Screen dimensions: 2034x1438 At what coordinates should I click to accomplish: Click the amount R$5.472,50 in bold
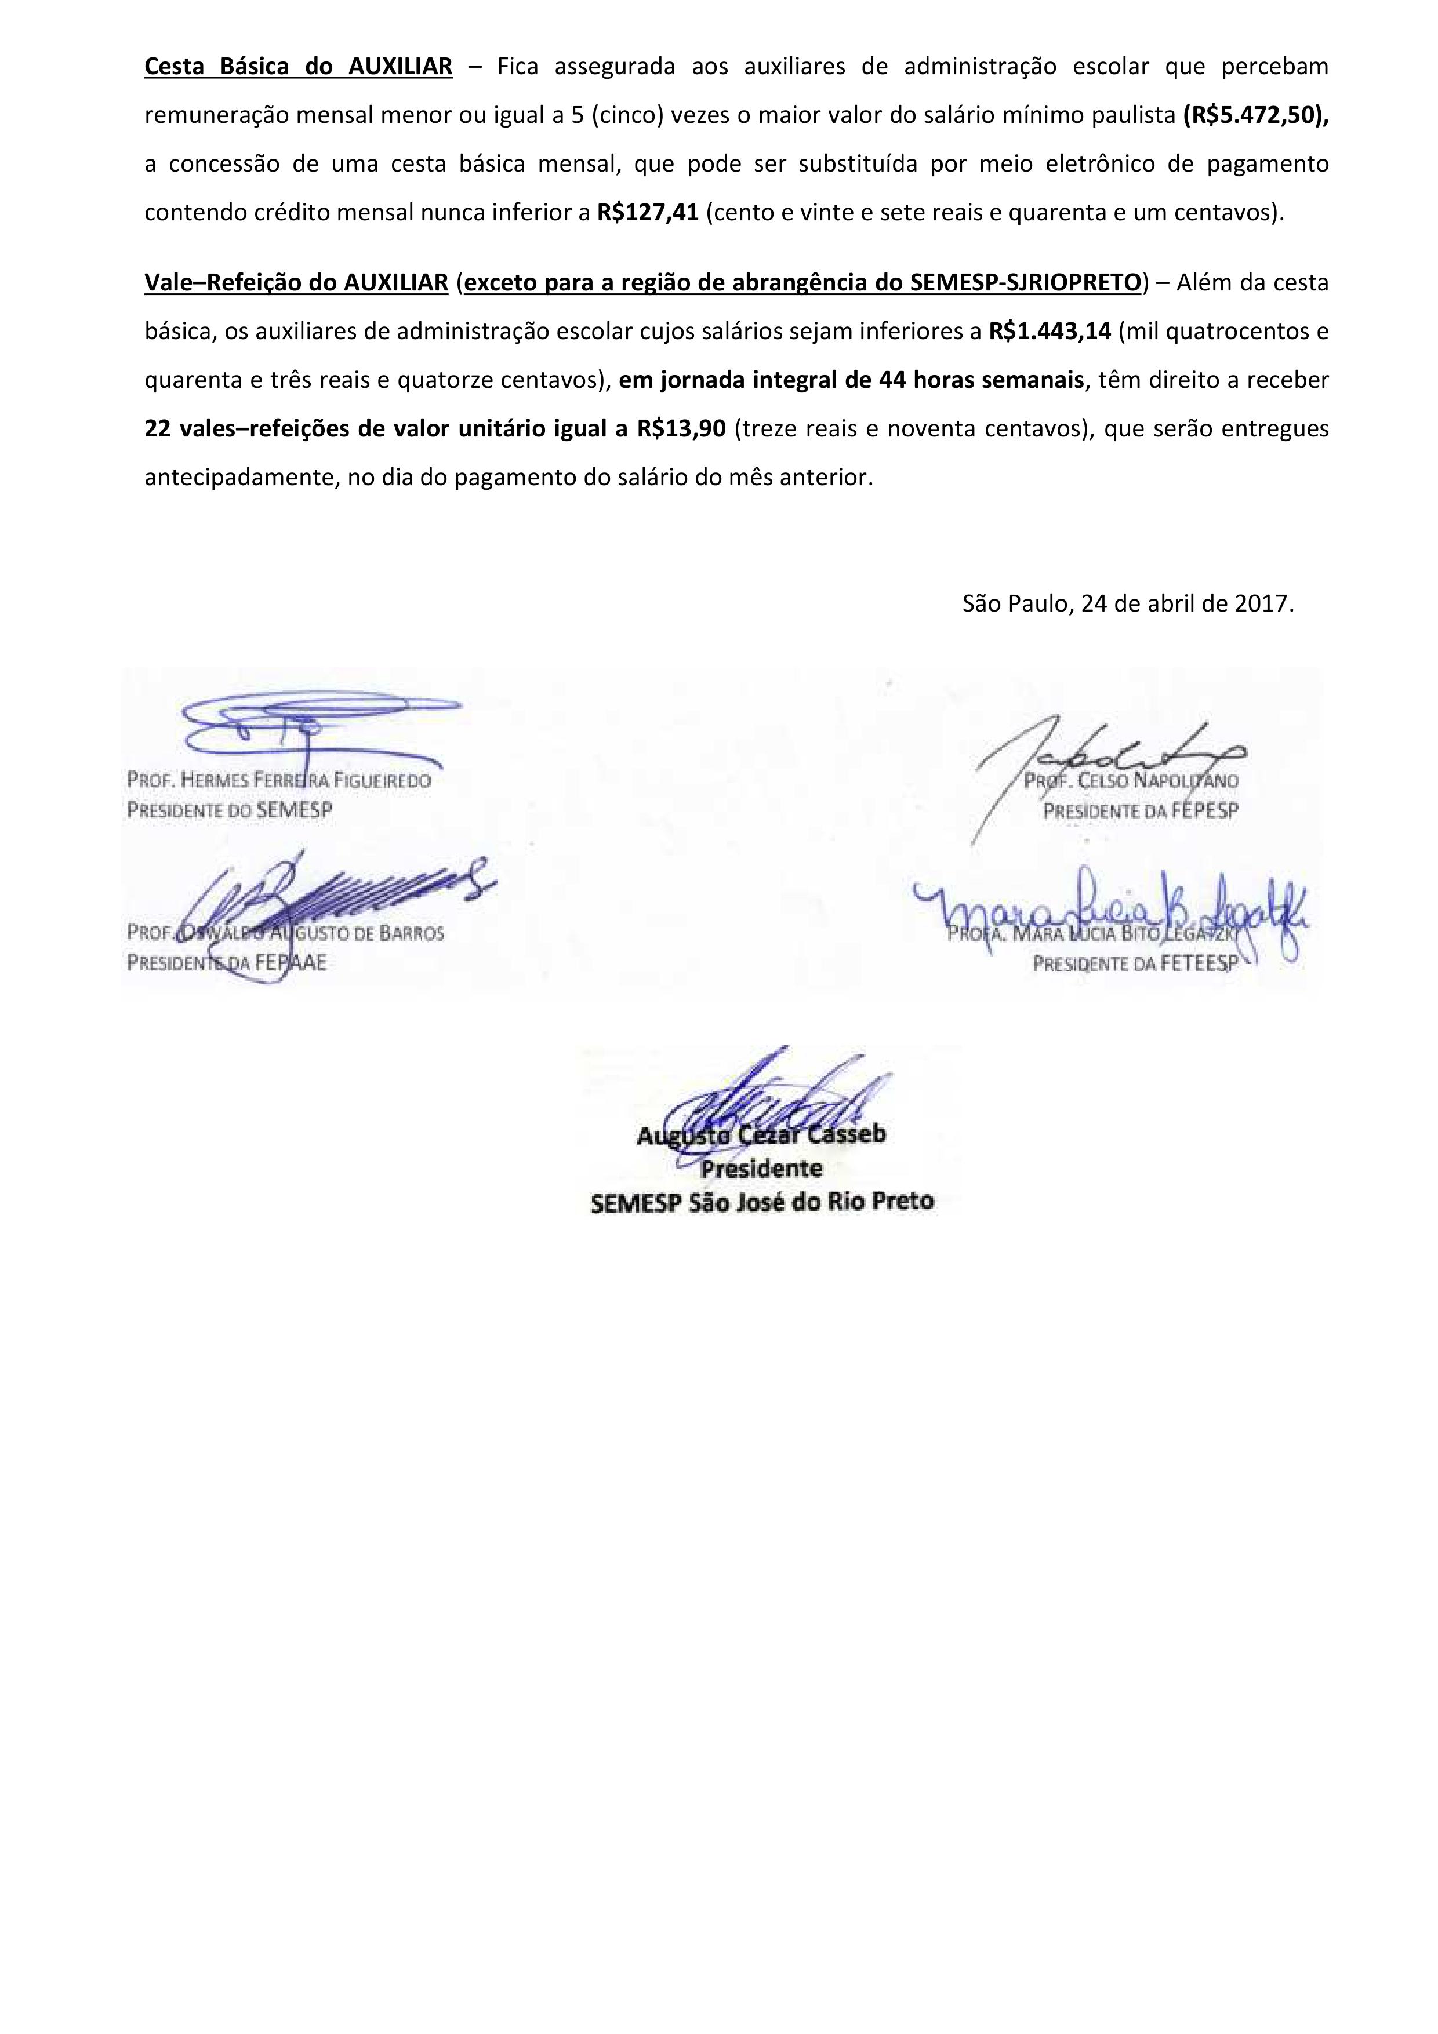coord(1255,115)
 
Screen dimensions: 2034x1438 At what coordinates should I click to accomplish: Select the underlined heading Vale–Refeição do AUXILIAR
coord(296,283)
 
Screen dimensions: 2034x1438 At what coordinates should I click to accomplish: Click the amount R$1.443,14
coord(1049,332)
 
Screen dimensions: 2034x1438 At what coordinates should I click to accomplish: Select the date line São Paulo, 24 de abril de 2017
coord(1128,603)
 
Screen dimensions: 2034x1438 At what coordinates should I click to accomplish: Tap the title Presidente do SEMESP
coord(230,810)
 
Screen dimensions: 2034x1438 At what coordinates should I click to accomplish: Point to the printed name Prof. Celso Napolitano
coord(1131,781)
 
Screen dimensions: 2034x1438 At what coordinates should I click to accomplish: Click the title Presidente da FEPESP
coord(1141,810)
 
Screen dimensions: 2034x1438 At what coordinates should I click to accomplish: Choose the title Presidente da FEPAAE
coord(227,962)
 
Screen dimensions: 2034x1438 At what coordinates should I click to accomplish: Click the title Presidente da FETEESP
coord(1134,962)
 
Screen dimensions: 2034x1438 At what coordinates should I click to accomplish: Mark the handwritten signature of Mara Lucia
coord(1107,912)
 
